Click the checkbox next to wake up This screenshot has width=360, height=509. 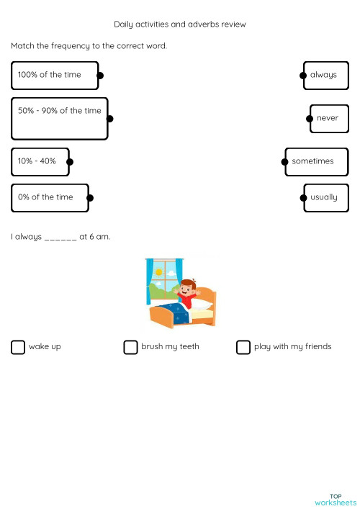(x=18, y=348)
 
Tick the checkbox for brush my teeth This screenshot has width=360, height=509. (x=130, y=348)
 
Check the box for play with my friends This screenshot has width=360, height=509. (x=243, y=348)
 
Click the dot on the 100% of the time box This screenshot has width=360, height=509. (x=100, y=75)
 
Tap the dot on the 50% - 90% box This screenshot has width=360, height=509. (x=109, y=118)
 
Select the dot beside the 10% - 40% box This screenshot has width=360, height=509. (x=70, y=162)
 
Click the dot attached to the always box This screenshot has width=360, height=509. (x=303, y=75)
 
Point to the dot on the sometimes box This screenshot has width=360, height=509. (x=285, y=162)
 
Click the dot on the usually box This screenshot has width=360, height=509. (x=302, y=197)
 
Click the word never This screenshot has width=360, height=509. (x=328, y=118)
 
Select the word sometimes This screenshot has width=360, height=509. (x=312, y=161)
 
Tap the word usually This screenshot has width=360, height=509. (x=323, y=197)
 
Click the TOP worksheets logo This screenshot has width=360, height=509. (x=336, y=500)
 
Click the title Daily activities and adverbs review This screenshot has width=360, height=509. (x=180, y=24)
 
